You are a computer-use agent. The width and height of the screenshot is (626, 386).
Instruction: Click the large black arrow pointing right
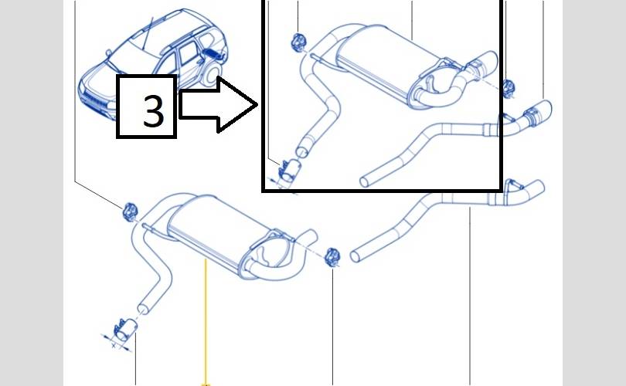(x=218, y=104)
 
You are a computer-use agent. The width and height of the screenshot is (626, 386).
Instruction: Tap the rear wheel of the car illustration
(x=210, y=74)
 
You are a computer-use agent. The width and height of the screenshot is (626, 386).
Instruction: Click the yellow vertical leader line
(x=206, y=322)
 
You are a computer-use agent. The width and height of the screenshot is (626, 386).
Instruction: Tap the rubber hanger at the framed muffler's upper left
(x=298, y=42)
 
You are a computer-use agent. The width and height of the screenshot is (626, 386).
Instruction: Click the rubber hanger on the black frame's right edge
(x=508, y=88)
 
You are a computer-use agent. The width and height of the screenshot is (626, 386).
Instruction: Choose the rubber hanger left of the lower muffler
(x=129, y=212)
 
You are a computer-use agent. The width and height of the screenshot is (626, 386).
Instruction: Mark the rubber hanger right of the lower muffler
(x=332, y=256)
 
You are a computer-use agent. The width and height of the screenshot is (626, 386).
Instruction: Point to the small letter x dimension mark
(x=114, y=345)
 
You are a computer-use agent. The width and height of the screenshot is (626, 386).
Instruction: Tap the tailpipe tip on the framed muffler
(x=485, y=64)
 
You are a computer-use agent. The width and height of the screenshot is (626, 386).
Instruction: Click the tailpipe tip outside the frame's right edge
(x=539, y=113)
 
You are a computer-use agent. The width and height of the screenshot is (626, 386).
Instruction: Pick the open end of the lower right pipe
(x=354, y=256)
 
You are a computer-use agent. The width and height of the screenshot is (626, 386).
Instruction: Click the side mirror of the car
(x=109, y=52)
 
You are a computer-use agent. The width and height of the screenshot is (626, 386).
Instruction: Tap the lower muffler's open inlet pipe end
(x=142, y=310)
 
